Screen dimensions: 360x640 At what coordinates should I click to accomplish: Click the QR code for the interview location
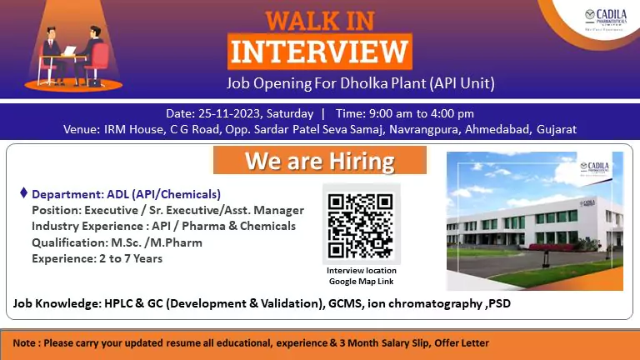361,225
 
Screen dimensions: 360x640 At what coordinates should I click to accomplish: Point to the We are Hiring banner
320,159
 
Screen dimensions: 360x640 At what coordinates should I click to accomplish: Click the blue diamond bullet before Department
23,192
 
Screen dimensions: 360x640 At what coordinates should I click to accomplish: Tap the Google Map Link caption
361,280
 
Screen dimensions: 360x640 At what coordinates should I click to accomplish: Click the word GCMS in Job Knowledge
345,303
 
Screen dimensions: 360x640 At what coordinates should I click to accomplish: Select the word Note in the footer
24,342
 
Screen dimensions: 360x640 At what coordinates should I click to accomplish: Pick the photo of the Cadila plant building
534,220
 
